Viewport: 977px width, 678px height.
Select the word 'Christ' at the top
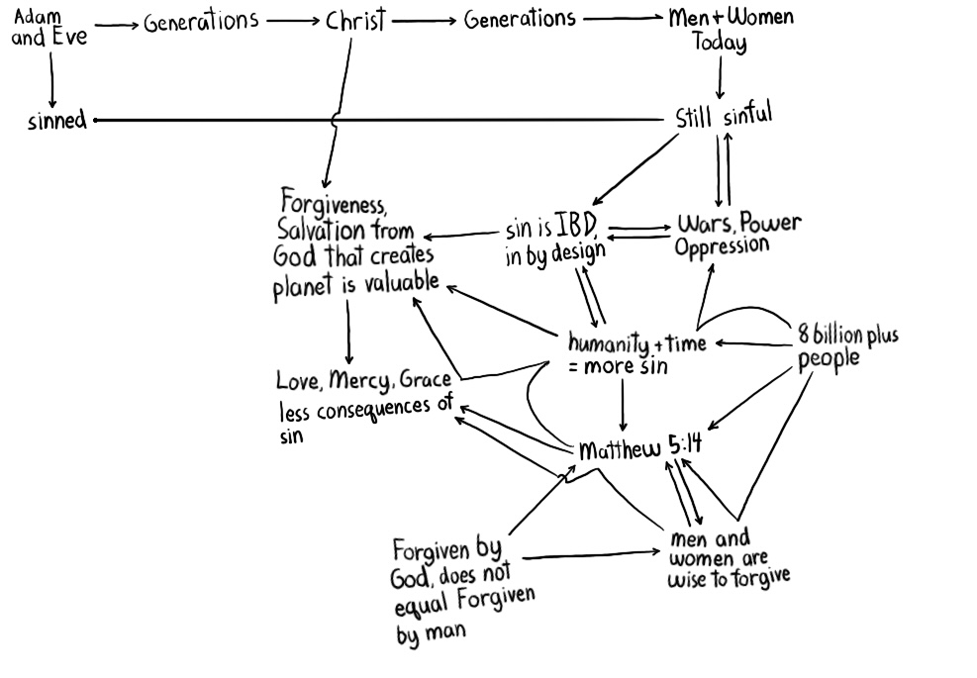point(354,22)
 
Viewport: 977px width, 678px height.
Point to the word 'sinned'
point(57,121)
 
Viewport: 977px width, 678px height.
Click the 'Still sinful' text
point(723,116)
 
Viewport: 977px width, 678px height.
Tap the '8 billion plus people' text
point(847,346)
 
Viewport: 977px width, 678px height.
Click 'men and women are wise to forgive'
point(729,558)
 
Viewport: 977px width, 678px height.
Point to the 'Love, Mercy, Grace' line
point(364,381)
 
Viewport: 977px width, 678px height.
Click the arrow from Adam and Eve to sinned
point(51,79)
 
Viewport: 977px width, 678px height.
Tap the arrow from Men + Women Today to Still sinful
point(720,76)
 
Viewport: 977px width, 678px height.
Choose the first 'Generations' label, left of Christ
point(201,22)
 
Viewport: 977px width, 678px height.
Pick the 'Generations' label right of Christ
point(520,19)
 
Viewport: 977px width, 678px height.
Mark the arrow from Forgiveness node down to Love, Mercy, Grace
point(348,332)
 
